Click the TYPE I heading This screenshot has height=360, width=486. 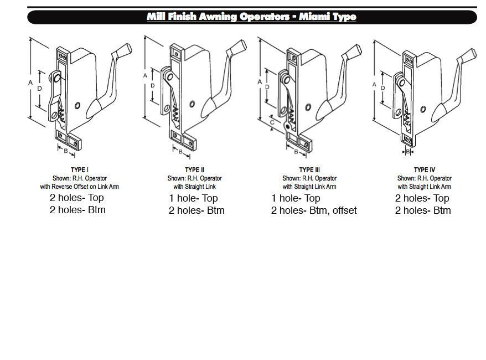80,170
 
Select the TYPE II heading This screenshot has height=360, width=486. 195,170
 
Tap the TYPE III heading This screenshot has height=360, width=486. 309,170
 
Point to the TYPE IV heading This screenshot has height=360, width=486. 425,170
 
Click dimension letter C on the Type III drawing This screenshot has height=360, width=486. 272,122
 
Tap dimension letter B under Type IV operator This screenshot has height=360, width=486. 408,151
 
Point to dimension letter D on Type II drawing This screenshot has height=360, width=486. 152,86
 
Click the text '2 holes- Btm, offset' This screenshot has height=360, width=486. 314,210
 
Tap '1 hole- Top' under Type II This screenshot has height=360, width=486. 194,198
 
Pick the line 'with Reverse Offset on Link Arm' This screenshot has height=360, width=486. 80,187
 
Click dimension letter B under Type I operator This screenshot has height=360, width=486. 65,150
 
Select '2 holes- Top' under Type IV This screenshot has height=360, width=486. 422,198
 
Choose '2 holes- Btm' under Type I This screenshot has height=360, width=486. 77,210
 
